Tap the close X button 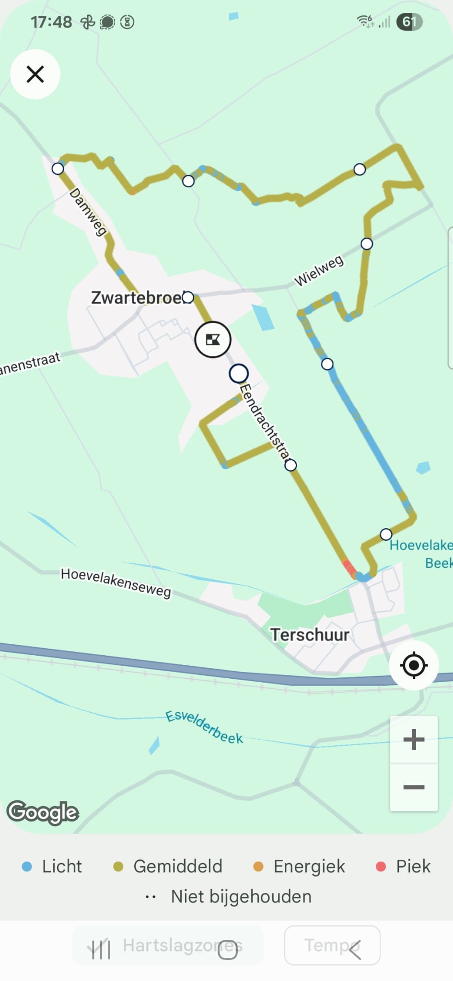35,74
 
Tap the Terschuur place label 310,635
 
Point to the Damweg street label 88,212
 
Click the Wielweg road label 319,271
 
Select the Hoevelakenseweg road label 116,582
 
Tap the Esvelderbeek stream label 204,727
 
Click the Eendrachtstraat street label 265,421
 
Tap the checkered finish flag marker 213,340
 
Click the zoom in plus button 414,740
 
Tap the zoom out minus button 414,787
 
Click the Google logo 43,812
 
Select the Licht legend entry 52,867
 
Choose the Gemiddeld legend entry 168,867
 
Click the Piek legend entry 404,867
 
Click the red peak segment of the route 349,568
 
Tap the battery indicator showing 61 409,22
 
